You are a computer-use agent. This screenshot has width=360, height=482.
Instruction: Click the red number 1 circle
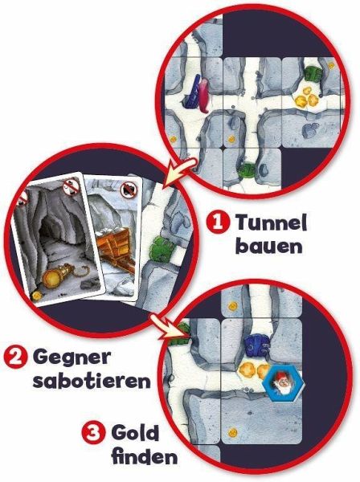point(218,222)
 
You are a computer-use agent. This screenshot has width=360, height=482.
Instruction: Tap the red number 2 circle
point(15,358)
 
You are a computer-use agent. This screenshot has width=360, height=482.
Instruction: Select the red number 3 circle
point(93,434)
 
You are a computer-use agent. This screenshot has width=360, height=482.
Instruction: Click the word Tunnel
point(271,222)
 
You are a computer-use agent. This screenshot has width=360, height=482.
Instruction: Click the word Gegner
point(72,358)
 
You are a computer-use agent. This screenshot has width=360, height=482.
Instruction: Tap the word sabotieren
point(92,381)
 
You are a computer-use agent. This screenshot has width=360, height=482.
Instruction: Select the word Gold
point(135,434)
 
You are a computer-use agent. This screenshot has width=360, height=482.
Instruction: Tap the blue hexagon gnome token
point(283,382)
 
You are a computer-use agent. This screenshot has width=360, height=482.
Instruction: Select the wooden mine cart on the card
point(115,251)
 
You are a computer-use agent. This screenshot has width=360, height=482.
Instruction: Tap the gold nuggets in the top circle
point(306,98)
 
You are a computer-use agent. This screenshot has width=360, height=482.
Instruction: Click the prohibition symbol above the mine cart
point(128,190)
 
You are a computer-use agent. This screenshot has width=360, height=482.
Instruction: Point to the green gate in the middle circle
point(161,248)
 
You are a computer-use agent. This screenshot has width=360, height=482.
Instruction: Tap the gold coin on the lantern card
point(37,296)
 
